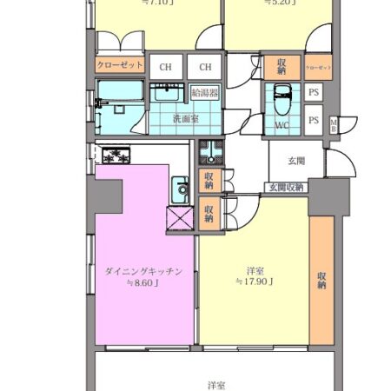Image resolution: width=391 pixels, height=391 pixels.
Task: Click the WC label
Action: [282, 124]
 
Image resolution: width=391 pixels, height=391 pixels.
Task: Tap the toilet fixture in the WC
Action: [282, 96]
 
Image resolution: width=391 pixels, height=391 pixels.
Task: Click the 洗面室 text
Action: [184, 118]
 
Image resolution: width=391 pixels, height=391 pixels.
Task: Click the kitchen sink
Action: [181, 188]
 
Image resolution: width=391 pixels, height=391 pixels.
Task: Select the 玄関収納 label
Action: [286, 188]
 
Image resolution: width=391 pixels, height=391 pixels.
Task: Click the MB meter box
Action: [334, 124]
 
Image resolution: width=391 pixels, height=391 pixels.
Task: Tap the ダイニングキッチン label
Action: [144, 270]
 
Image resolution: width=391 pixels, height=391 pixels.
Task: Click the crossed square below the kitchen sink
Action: [177, 216]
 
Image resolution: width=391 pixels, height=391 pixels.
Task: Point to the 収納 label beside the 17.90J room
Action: [321, 278]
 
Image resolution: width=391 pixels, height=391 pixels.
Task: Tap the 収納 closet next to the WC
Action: [283, 66]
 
